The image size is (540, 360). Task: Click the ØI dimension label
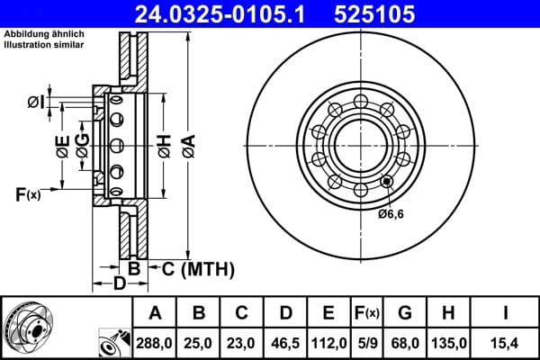click(35, 101)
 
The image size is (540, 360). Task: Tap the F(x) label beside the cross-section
click(27, 193)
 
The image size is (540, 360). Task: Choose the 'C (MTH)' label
click(197, 268)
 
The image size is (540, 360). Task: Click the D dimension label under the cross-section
click(118, 285)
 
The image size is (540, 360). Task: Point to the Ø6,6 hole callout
click(391, 213)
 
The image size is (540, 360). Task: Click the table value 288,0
click(155, 343)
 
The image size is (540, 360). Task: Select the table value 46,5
click(286, 343)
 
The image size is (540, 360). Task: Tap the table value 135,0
click(451, 343)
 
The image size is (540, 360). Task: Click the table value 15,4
click(506, 343)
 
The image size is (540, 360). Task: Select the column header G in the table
click(405, 313)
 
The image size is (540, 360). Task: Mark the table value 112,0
click(328, 343)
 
